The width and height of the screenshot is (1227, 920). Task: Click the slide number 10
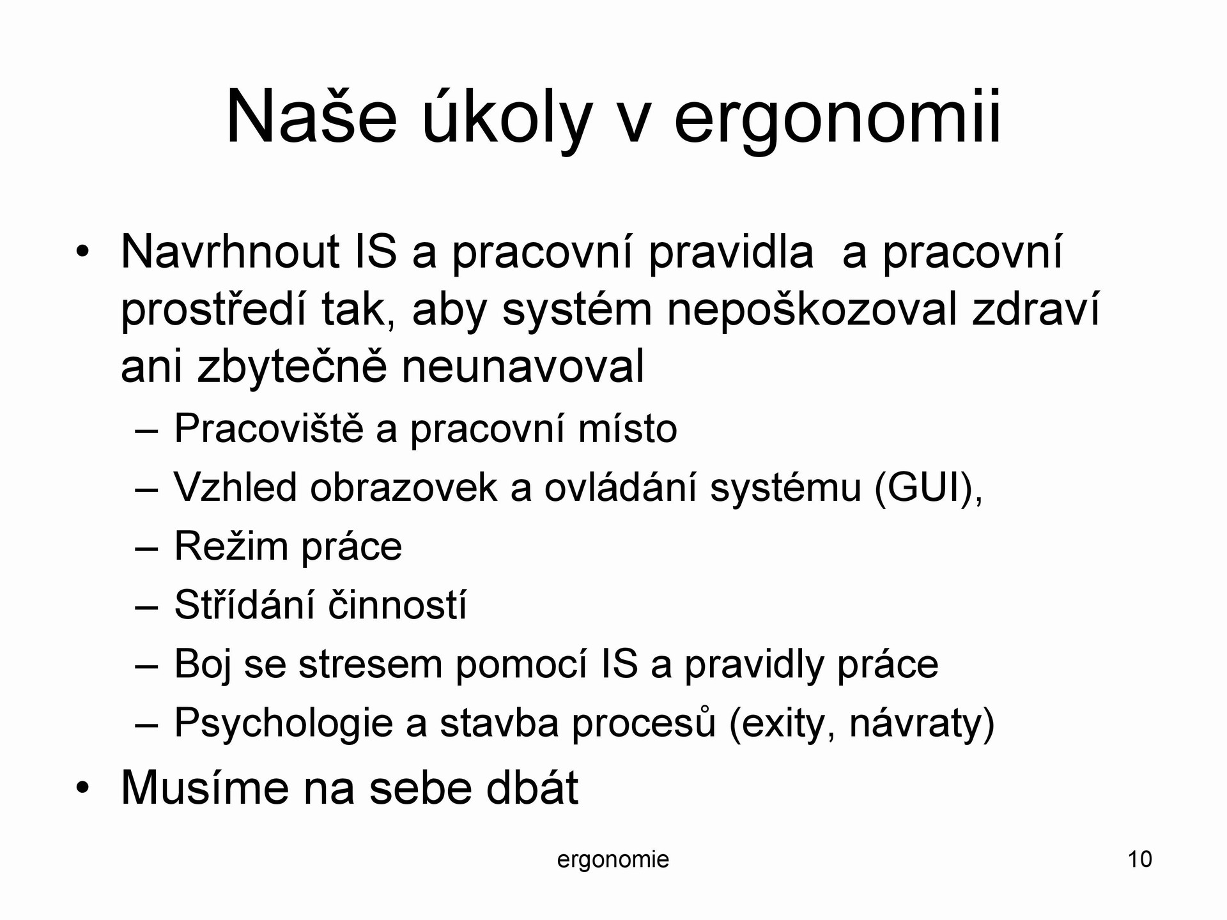(x=1140, y=859)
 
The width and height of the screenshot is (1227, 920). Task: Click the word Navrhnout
(x=229, y=252)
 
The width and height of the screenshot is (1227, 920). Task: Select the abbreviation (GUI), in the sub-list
(x=928, y=488)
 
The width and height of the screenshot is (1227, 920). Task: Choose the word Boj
(x=203, y=665)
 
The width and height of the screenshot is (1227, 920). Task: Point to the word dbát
(x=532, y=788)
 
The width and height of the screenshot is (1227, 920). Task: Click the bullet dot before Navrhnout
(x=81, y=253)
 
